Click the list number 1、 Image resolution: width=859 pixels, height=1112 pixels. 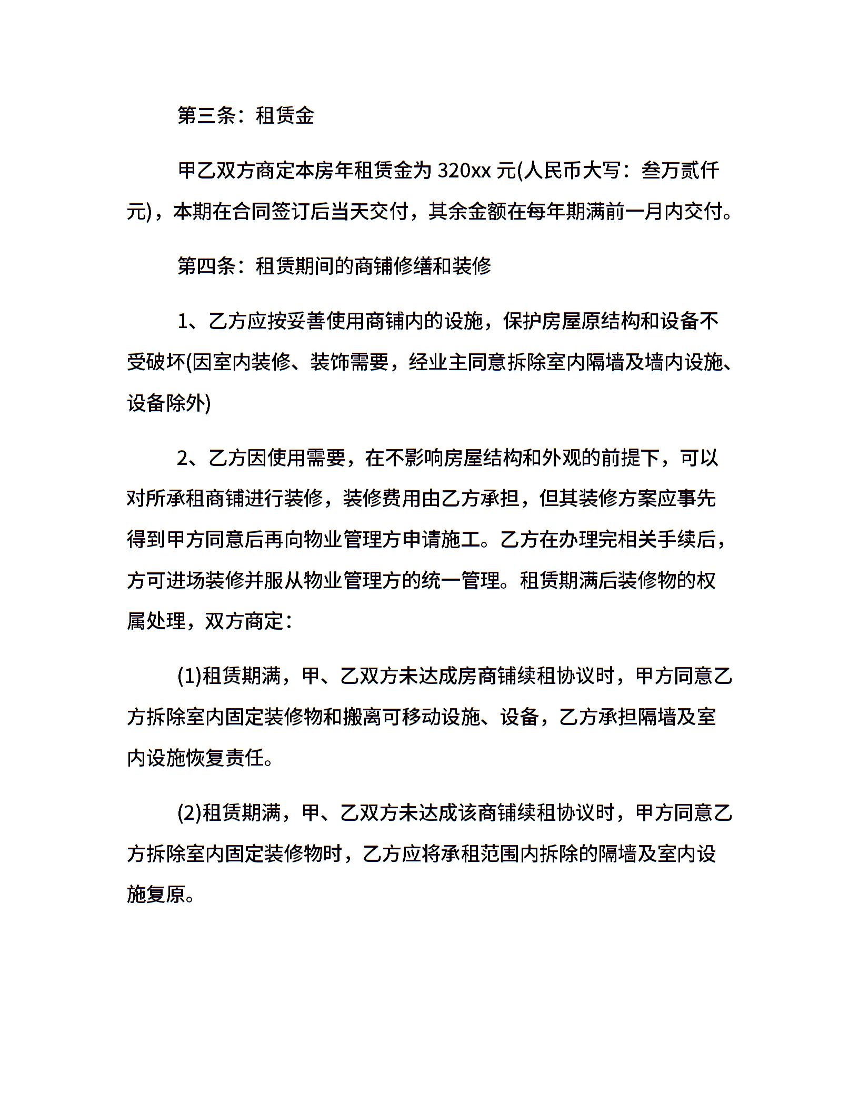(191, 321)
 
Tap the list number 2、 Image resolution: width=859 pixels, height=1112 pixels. (191, 458)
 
